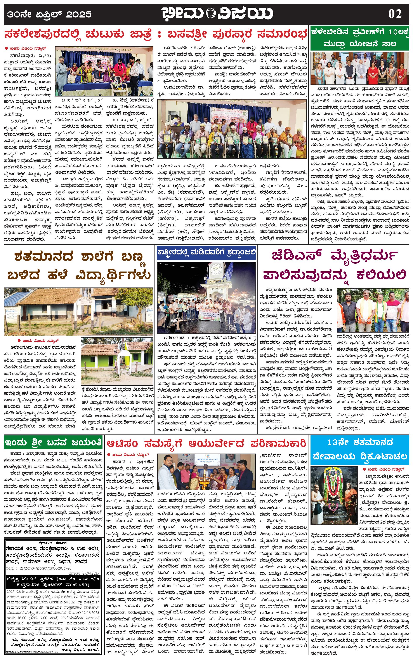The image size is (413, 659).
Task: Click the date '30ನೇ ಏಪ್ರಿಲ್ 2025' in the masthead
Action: (49, 14)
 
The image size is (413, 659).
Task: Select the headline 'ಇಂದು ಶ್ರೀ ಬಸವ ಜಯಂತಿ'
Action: (53, 442)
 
